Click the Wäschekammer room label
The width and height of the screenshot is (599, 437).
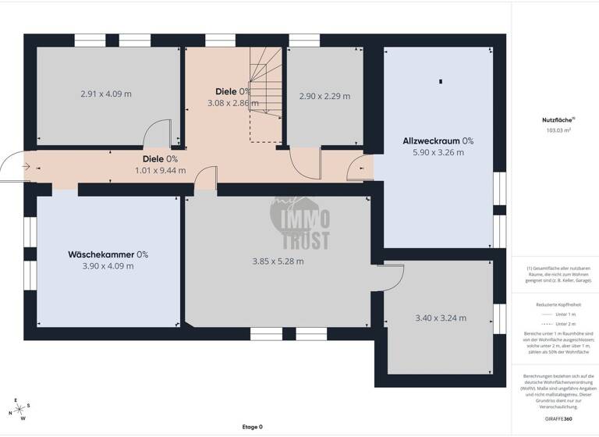click(x=101, y=254)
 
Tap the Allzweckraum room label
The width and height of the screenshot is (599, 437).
click(x=431, y=141)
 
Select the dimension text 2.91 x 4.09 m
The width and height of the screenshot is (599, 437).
click(x=106, y=94)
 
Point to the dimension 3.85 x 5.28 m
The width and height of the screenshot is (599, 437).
click(x=278, y=261)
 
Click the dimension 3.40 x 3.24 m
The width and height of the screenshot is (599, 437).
click(x=441, y=318)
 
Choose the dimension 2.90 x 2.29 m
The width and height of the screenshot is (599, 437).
click(x=324, y=97)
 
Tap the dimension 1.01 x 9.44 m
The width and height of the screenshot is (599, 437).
click(x=160, y=170)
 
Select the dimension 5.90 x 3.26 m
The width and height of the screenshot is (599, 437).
click(x=438, y=153)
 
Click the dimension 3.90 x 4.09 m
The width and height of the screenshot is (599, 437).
click(x=108, y=266)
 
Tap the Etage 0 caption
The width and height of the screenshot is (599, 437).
click(x=252, y=427)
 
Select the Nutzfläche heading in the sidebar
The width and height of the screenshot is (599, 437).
click(x=555, y=120)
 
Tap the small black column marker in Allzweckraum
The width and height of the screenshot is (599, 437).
click(x=441, y=81)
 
